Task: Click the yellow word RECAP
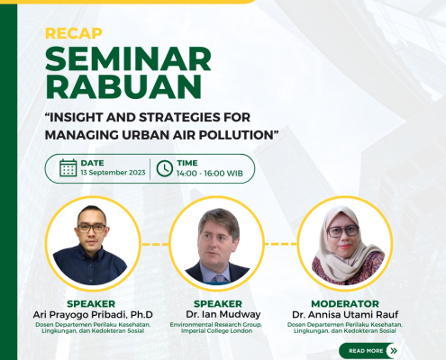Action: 74,33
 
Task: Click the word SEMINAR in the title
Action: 128,58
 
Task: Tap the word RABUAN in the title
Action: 123,86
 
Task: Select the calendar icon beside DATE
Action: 68,167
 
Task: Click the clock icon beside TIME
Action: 165,168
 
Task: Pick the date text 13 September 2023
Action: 113,173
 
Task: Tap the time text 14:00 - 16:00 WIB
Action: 210,174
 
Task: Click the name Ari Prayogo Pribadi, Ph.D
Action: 93,315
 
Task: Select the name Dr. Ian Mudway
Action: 223,314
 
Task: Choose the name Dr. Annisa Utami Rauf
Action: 345,315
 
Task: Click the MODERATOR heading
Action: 345,304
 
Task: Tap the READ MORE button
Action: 370,351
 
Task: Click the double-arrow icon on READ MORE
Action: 394,351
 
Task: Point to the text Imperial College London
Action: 216,331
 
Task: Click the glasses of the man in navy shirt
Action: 92,229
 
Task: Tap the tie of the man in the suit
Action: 219,279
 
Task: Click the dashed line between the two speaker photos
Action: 155,244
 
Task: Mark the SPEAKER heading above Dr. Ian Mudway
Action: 218,304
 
